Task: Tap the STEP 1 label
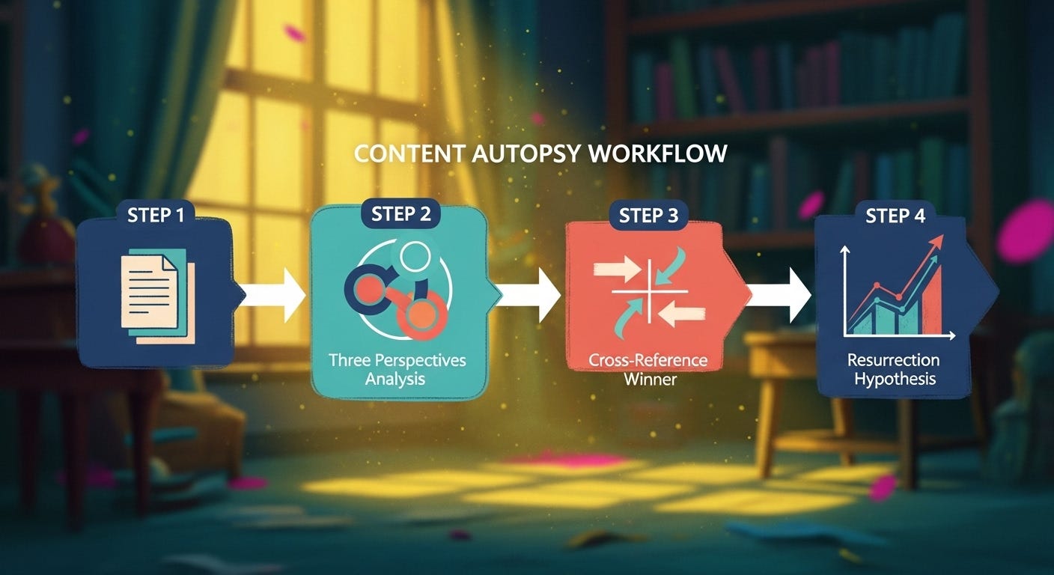click(x=156, y=215)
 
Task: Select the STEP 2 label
click(x=401, y=213)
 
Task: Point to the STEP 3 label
click(x=648, y=216)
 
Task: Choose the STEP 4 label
click(x=895, y=216)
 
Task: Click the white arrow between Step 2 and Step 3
click(x=528, y=295)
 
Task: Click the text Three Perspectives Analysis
click(x=397, y=369)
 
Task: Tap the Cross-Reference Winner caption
click(x=648, y=369)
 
